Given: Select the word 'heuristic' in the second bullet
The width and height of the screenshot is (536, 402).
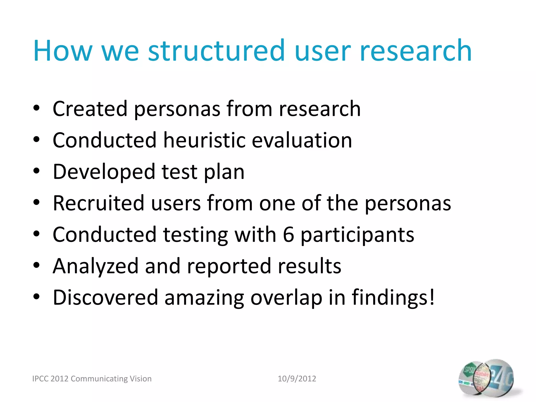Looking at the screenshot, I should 204,140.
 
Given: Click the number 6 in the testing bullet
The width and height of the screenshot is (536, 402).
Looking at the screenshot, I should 288,234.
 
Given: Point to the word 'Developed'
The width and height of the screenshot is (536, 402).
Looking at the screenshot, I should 104,172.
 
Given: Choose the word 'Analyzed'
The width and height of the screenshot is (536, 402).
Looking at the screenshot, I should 96,266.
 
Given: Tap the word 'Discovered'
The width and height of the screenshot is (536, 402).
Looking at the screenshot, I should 105,298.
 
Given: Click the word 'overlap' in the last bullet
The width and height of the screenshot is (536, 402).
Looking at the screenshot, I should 286,298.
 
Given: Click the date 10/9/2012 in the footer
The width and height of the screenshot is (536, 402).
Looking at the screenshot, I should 297,378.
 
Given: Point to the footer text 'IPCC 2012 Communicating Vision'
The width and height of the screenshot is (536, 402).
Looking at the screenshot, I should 92,378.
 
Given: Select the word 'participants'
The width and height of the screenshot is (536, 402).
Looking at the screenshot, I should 357,235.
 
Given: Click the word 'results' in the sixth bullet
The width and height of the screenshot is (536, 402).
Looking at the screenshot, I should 309,266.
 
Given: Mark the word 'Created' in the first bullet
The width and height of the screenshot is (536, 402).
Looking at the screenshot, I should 90,109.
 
